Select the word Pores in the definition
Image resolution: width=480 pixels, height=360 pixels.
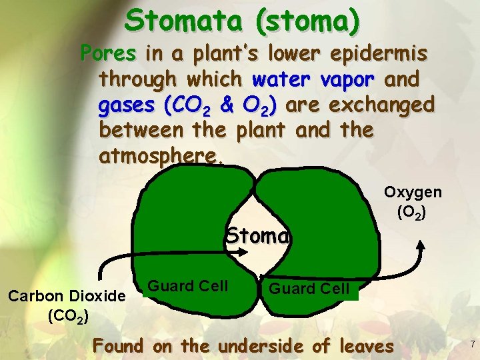(108, 53)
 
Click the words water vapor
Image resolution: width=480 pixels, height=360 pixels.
(315, 79)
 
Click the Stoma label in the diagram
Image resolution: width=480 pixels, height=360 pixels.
(257, 236)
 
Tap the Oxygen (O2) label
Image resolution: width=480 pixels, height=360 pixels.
(412, 203)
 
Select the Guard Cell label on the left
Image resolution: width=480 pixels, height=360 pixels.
(187, 286)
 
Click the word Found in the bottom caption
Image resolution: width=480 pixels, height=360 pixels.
(118, 346)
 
